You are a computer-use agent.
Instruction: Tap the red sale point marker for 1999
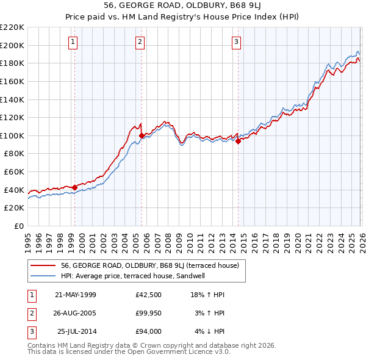point(75,187)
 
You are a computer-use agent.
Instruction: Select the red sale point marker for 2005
point(142,135)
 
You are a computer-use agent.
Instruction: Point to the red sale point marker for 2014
point(238,141)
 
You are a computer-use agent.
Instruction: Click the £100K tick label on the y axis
point(12,135)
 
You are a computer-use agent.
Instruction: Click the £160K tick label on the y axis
point(12,81)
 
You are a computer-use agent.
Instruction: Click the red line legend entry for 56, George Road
point(153,265)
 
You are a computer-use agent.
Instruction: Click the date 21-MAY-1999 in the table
point(76,295)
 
